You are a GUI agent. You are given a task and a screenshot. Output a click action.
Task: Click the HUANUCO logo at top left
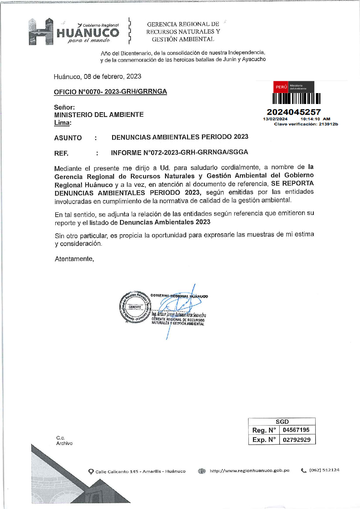(74, 32)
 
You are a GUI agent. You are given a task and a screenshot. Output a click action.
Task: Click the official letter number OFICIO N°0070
(110, 92)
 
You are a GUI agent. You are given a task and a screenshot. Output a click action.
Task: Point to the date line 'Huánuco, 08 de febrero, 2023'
(97, 76)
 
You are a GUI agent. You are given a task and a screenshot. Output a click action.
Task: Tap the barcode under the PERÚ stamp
(296, 99)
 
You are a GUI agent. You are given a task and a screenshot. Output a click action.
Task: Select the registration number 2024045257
(294, 112)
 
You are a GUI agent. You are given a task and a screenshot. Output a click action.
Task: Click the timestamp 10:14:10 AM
(315, 119)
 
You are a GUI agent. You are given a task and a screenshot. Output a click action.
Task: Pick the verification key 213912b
(328, 124)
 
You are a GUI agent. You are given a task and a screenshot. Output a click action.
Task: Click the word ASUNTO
(68, 138)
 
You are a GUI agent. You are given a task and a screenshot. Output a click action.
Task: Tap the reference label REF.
(61, 153)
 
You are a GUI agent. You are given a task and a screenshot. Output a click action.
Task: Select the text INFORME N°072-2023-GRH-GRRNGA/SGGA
(180, 152)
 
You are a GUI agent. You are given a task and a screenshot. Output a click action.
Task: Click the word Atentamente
(74, 259)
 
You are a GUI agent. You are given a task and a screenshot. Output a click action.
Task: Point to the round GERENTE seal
(135, 307)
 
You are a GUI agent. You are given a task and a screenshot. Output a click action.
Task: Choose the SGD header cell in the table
(282, 422)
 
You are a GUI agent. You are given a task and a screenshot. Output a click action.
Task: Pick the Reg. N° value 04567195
(296, 430)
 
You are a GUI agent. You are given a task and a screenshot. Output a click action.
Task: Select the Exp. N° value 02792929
(297, 440)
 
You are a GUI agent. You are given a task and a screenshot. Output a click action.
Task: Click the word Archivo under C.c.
(64, 443)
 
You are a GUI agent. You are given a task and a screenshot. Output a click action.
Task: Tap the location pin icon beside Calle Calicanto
(91, 472)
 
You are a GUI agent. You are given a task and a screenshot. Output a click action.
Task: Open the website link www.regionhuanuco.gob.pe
(249, 470)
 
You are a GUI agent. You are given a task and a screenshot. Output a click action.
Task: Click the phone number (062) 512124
(324, 470)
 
